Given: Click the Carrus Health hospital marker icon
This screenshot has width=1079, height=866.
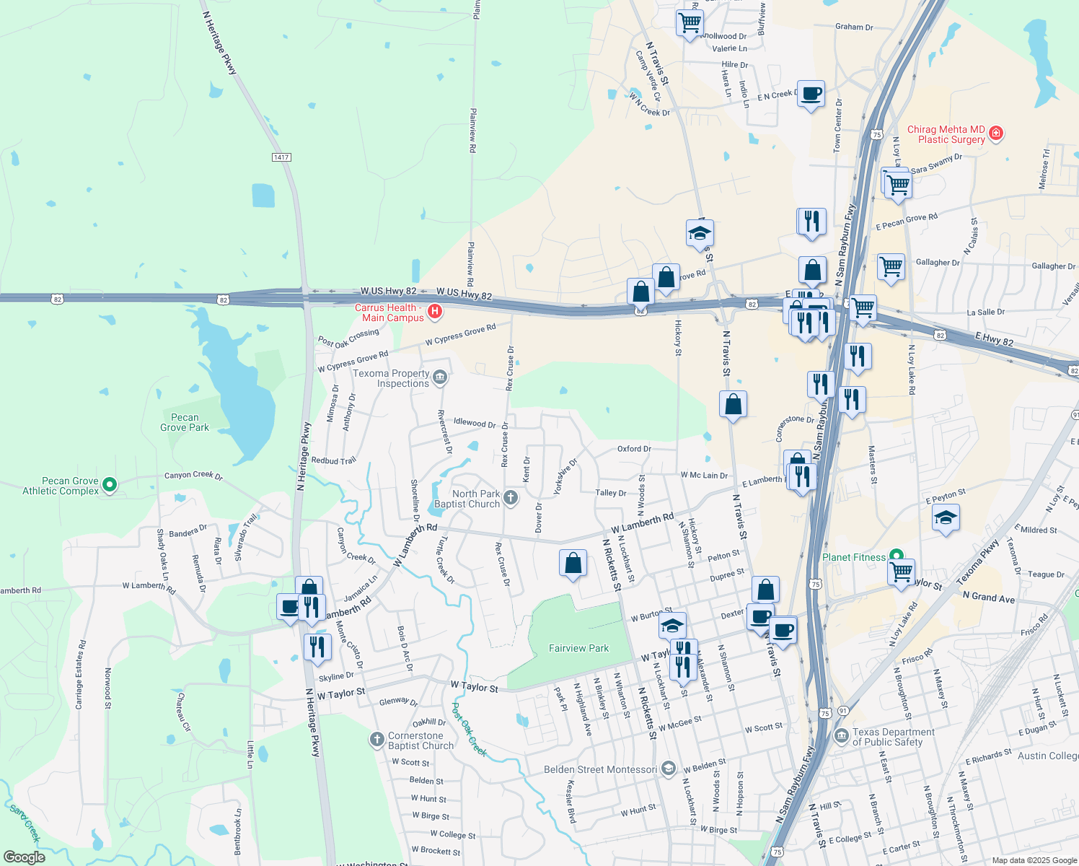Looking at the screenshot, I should point(435,311).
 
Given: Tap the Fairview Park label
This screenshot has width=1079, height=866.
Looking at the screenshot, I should point(578,648).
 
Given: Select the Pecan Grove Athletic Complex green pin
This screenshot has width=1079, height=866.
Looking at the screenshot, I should point(110,485).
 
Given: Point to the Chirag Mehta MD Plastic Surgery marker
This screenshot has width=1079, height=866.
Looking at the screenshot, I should point(996,133).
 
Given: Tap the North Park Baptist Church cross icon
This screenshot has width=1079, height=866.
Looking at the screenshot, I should point(511,497).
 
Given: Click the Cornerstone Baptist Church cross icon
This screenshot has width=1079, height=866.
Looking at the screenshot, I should point(376,739).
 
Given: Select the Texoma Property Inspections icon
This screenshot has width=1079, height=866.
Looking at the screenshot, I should point(440,377).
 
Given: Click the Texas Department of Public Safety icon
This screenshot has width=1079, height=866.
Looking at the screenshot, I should point(841,736).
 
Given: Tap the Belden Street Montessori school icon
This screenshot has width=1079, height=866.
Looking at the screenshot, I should point(669,769).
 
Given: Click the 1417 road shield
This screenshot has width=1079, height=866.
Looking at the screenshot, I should point(281,157).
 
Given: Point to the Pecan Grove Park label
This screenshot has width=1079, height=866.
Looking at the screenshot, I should point(185,422).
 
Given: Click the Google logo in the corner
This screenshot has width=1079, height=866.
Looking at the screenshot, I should point(24,857).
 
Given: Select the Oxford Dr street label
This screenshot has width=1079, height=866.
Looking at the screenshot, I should point(634,449).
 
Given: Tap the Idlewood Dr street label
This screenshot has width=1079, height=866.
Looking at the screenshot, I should point(475,422).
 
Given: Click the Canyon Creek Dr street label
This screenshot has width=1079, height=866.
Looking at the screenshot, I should point(193,475).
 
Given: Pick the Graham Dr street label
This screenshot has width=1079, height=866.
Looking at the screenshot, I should point(854,27).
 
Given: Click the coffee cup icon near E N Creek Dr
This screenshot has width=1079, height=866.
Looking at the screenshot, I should point(811,94).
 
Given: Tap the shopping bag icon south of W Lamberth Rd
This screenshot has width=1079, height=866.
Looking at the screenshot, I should point(573,563).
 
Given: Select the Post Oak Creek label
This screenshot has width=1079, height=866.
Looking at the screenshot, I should point(470,729).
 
